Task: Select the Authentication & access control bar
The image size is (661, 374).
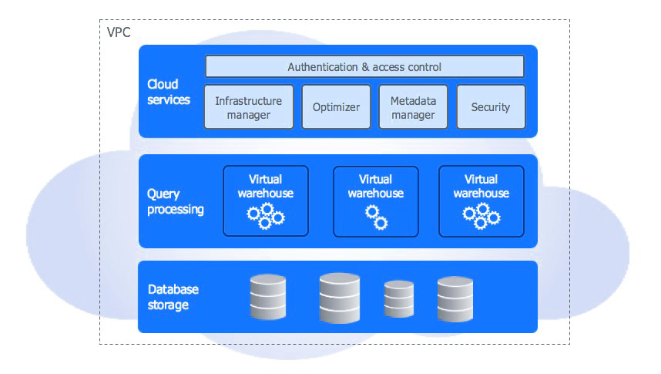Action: [364, 66]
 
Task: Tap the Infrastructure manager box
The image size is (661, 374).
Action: [249, 106]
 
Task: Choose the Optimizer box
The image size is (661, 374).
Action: [336, 106]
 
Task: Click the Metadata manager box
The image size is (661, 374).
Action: [413, 106]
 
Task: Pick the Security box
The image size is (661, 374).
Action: [491, 106]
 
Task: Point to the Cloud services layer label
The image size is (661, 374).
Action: [168, 92]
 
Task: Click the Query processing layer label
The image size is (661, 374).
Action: [175, 202]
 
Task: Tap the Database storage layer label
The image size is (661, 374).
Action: [173, 297]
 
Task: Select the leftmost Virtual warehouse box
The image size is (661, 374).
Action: [266, 200]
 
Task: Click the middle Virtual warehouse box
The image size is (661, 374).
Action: [376, 200]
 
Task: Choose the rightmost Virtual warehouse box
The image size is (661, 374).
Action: [481, 200]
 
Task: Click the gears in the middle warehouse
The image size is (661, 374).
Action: [376, 217]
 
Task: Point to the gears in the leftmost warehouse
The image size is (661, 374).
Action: [266, 216]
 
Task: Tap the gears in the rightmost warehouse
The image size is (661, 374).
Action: [481, 216]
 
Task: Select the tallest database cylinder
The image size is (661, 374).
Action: [340, 297]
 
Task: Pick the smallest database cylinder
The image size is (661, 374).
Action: [399, 299]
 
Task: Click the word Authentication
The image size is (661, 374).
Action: [323, 67]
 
